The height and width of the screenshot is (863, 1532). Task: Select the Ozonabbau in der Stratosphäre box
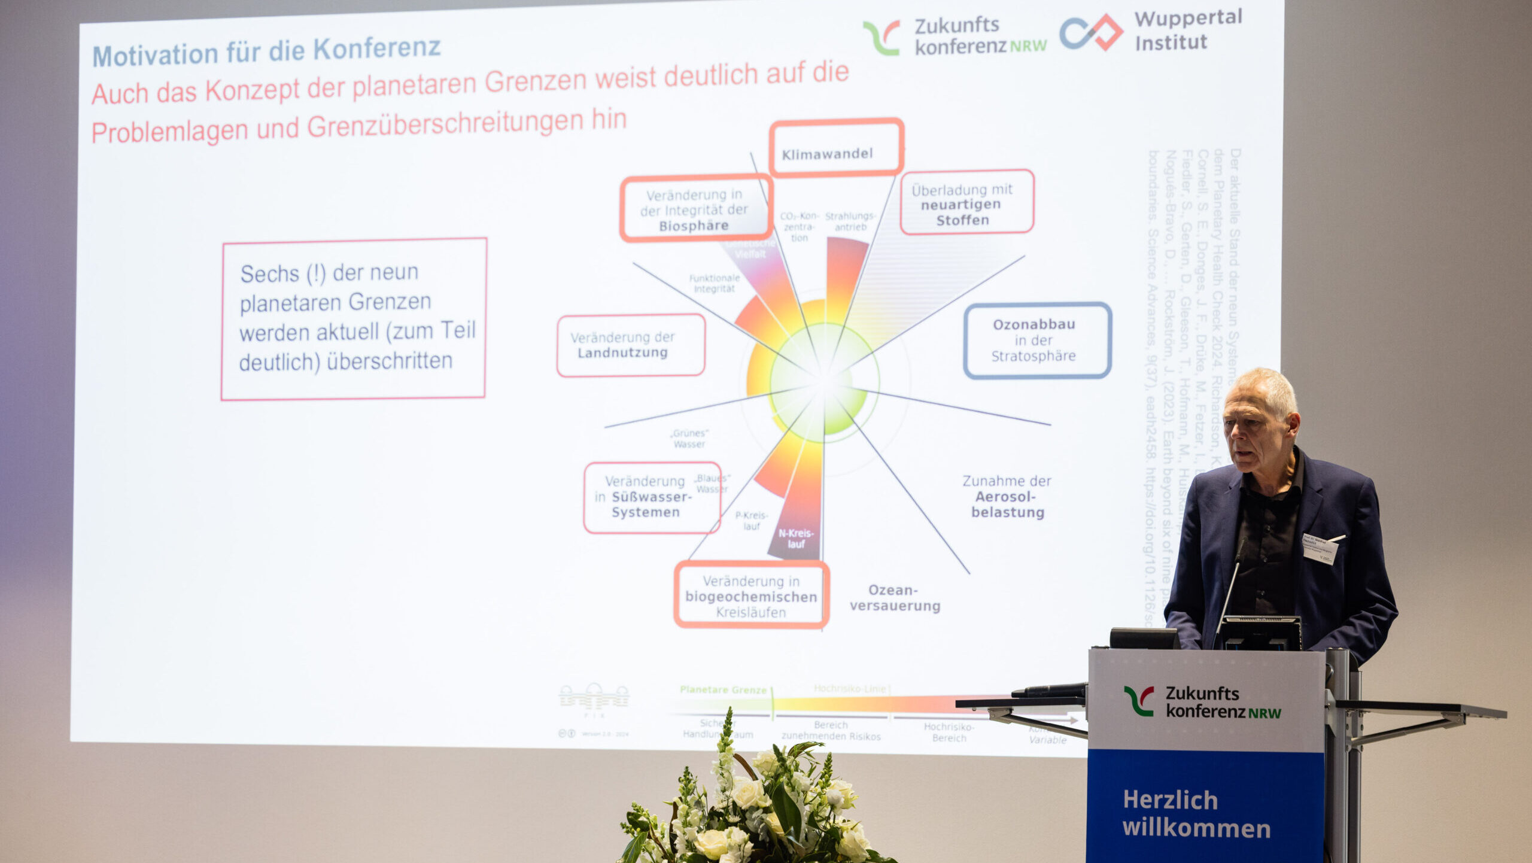(1037, 341)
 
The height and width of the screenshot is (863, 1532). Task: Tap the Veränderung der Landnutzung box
(630, 346)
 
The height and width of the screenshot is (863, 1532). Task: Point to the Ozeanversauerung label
(895, 598)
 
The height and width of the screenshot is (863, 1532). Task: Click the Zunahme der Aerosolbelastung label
(1007, 497)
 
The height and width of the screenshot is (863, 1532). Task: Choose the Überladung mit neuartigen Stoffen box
(966, 203)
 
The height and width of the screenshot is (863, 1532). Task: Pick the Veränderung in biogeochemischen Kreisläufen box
(751, 595)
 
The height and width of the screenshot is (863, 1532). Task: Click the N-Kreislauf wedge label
(795, 538)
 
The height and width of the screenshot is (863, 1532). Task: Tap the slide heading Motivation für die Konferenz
(266, 51)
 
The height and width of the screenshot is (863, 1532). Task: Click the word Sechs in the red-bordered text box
(269, 274)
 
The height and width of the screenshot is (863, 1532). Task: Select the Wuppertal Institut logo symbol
(1090, 32)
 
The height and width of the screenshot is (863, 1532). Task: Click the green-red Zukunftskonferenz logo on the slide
(881, 37)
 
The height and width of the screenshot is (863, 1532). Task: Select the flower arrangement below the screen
(754, 802)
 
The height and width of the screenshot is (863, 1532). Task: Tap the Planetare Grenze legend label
(722, 690)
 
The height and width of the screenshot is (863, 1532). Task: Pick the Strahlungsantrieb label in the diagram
(850, 221)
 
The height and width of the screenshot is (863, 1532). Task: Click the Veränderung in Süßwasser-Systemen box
(652, 497)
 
